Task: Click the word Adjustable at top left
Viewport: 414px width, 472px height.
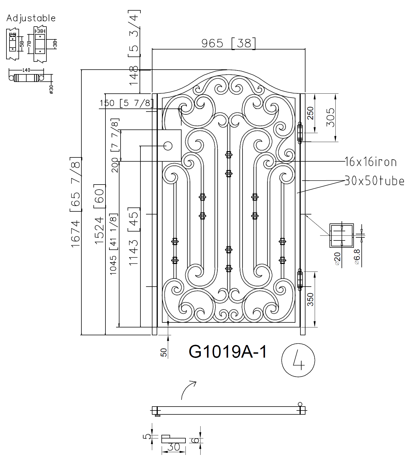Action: click(31, 18)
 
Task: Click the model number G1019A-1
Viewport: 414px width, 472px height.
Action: click(228, 352)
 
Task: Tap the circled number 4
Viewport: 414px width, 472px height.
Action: click(298, 360)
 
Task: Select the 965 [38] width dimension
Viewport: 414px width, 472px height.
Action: click(228, 43)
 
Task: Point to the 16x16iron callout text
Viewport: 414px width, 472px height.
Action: click(370, 162)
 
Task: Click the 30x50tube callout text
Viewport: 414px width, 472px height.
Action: click(374, 181)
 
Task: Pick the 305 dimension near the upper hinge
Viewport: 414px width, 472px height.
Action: click(330, 117)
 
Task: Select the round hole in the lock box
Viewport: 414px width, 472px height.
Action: click(168, 146)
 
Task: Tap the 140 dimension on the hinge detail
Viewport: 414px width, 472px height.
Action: click(26, 70)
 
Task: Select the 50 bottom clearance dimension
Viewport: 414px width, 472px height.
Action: click(164, 352)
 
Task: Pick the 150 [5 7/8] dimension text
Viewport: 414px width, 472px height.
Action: click(126, 103)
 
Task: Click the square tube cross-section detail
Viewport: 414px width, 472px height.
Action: click(342, 235)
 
